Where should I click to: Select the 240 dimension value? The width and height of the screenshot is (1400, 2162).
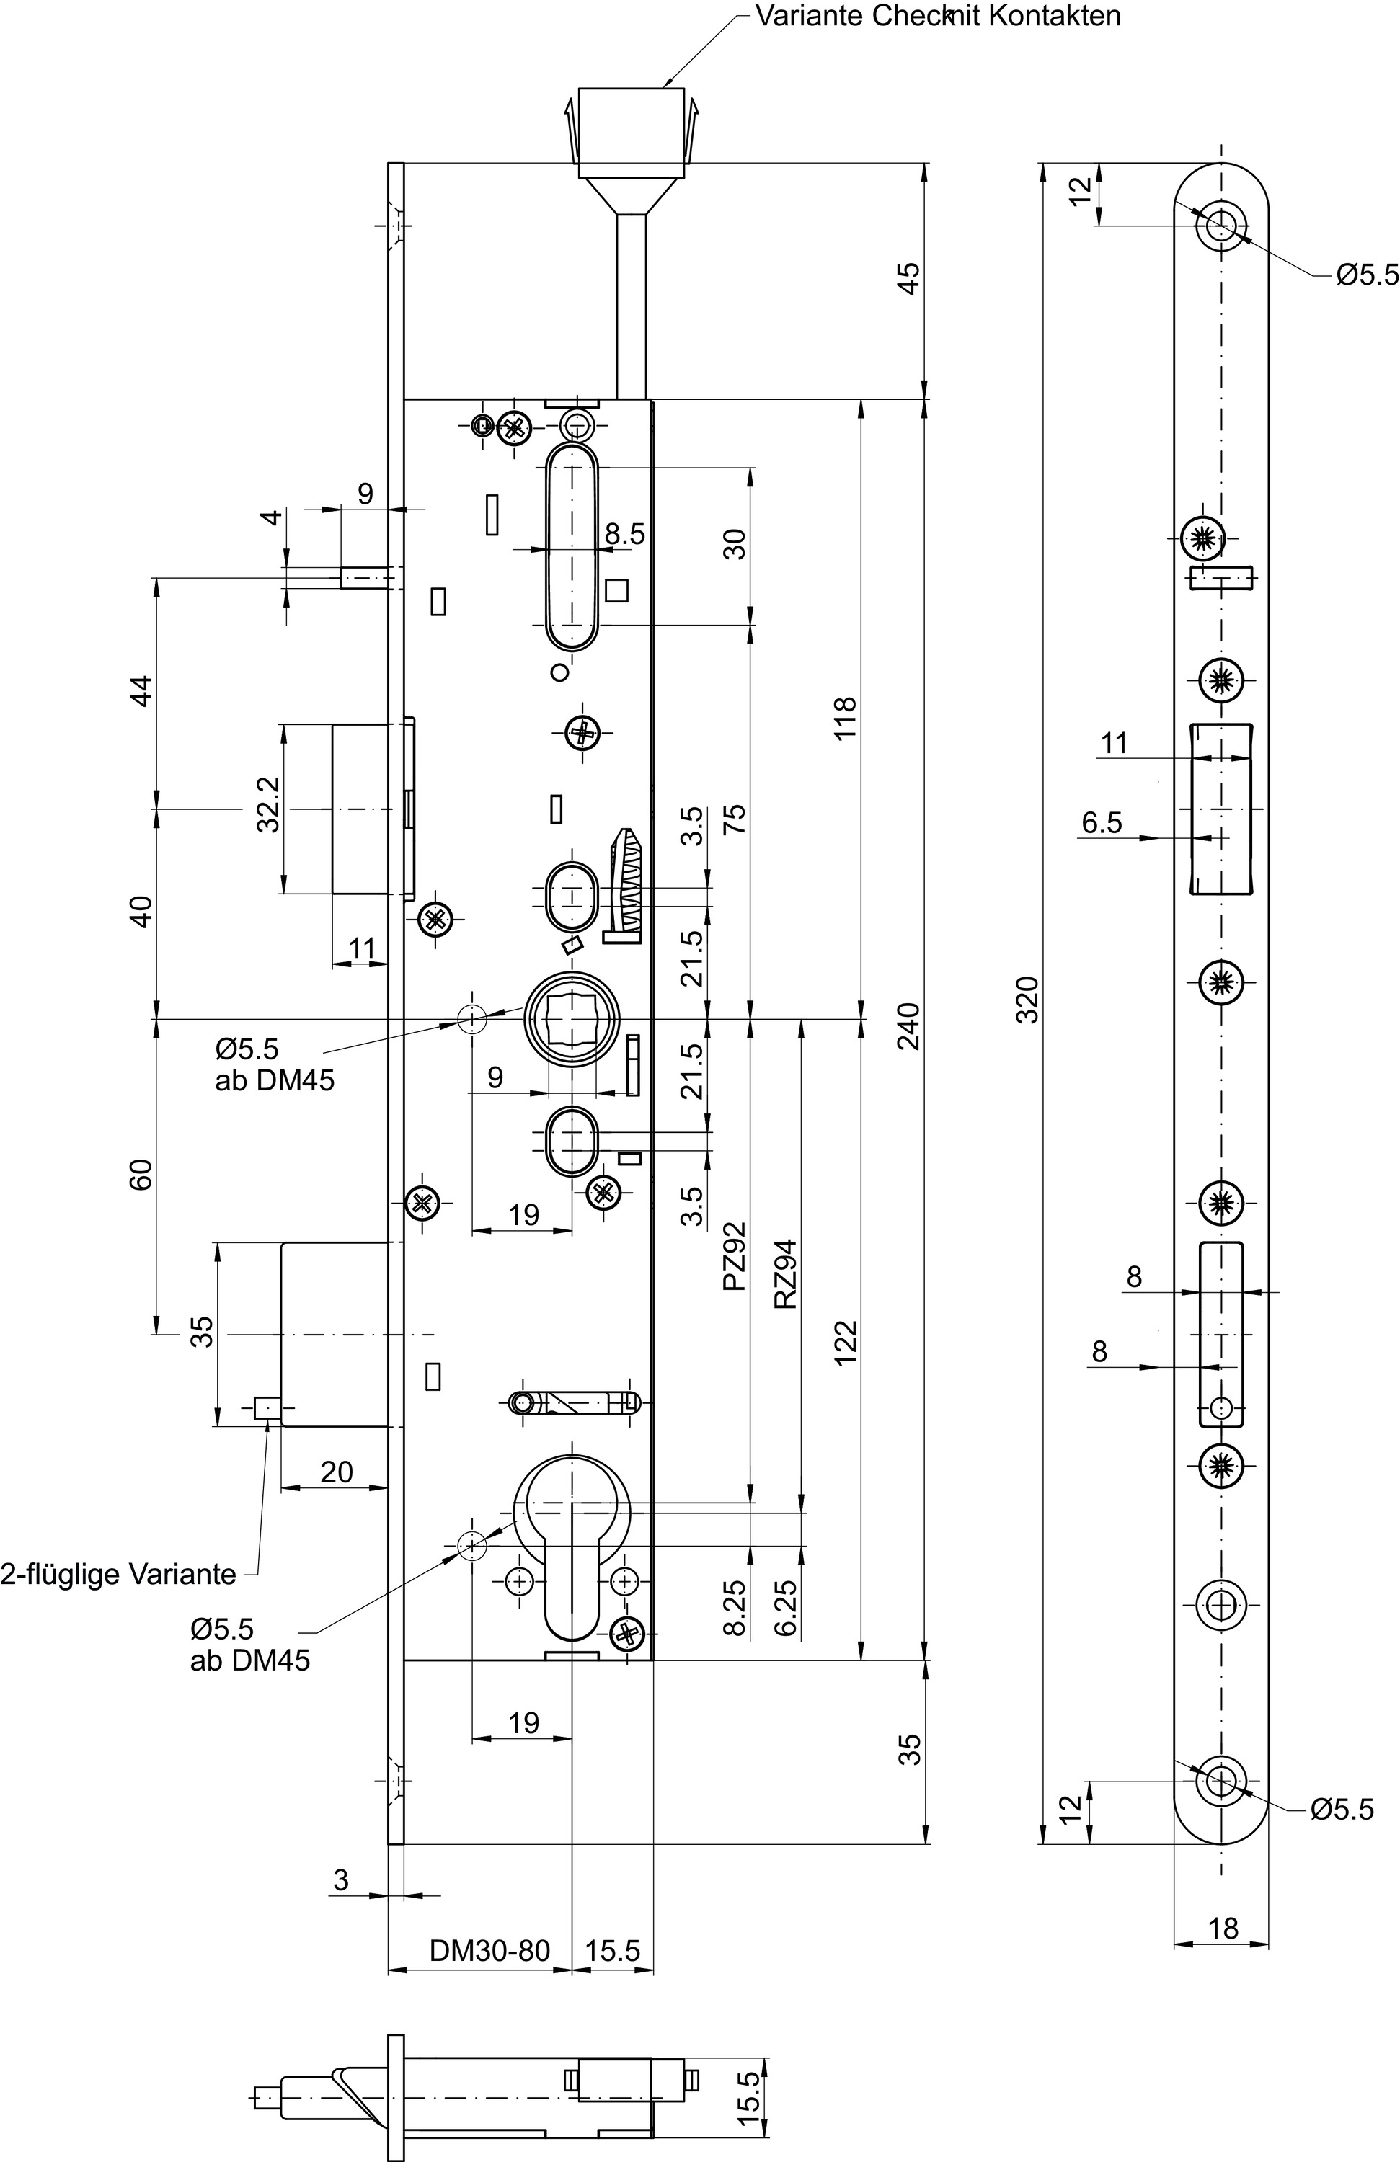[908, 1026]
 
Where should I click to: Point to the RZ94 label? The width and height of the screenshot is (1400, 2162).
[785, 1273]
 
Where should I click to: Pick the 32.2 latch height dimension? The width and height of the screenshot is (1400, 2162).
[268, 804]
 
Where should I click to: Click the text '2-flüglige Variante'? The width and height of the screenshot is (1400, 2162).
[118, 1574]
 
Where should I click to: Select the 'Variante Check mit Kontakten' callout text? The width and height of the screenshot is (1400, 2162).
[939, 15]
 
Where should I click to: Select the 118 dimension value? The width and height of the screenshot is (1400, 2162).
[845, 718]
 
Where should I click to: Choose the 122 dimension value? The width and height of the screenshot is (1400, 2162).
[845, 1343]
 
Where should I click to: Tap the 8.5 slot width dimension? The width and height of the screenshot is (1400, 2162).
[625, 534]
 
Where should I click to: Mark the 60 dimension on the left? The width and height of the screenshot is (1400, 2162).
[141, 1175]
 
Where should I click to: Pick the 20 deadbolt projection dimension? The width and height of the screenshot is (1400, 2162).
[336, 1472]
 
